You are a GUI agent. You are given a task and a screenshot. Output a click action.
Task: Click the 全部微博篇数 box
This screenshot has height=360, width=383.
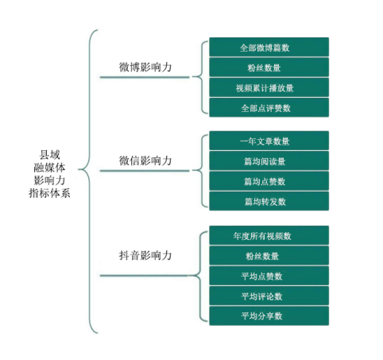[x=269, y=47]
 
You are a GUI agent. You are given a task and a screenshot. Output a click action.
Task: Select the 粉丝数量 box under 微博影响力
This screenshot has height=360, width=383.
[x=269, y=68]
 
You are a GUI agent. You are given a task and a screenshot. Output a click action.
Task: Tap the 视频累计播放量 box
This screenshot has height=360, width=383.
[x=269, y=87]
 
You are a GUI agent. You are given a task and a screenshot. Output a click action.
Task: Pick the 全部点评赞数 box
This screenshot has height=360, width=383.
[x=269, y=107]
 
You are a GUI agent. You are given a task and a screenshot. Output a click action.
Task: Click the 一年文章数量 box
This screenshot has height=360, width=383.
[x=269, y=141]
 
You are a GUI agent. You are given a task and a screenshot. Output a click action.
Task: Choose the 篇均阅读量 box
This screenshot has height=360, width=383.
[x=269, y=161]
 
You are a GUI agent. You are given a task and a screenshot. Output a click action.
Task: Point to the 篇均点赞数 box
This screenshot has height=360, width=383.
[x=269, y=181]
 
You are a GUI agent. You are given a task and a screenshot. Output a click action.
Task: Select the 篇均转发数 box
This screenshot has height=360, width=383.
[x=269, y=201]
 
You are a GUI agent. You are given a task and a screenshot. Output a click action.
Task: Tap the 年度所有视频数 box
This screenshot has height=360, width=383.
[x=269, y=235]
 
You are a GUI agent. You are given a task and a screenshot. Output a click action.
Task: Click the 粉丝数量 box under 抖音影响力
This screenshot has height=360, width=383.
[x=269, y=256]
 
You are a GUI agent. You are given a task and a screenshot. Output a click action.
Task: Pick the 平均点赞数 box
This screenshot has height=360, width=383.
[x=269, y=276]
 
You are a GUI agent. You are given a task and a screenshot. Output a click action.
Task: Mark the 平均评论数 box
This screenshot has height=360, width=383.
[x=269, y=296]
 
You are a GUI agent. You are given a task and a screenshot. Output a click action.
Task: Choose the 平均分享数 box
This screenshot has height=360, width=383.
[x=269, y=315]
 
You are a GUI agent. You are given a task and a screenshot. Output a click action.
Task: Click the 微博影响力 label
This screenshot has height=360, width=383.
[x=145, y=67]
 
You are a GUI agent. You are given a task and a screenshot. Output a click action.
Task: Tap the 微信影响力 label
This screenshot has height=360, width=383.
[x=145, y=161]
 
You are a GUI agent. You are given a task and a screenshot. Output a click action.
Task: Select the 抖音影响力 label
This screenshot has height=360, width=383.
[x=145, y=255]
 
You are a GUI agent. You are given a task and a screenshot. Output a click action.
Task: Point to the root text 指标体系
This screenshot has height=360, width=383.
[x=49, y=193]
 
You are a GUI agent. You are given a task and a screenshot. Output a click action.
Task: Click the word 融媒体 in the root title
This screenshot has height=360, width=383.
[x=49, y=168]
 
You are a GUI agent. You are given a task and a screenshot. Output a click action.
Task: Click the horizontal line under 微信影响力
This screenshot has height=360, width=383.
[x=145, y=171]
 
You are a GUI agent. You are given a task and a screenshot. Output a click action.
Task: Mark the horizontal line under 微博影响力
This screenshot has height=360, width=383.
[x=145, y=77]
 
